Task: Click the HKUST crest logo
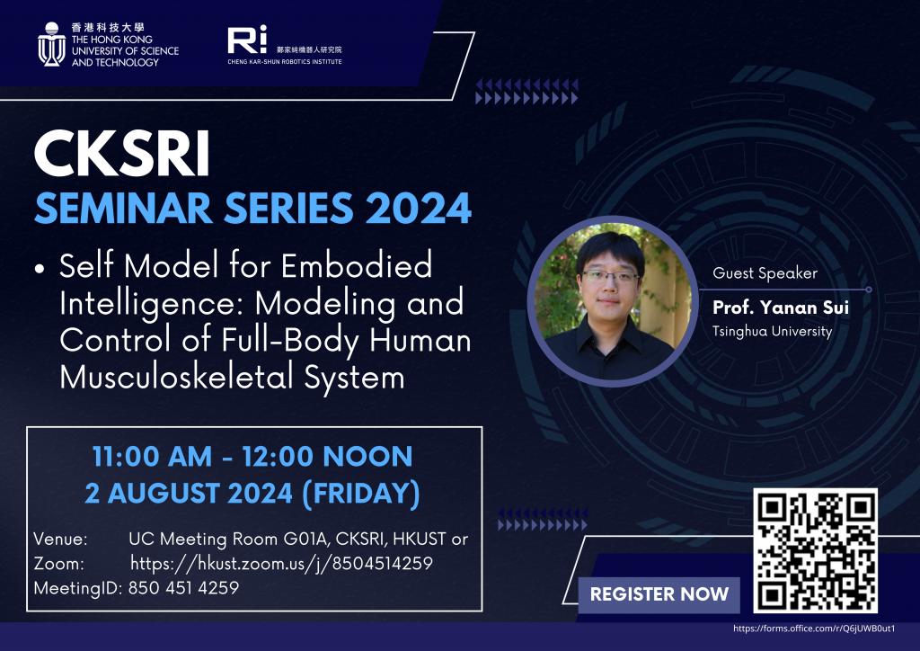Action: [x=51, y=44]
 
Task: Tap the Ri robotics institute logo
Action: [x=247, y=40]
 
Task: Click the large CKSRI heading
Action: [x=121, y=155]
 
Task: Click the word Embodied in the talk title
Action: [x=357, y=265]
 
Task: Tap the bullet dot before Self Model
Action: [x=40, y=269]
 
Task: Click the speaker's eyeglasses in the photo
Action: [x=610, y=276]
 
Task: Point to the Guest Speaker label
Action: [x=765, y=273]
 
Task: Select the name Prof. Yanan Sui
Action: [x=781, y=307]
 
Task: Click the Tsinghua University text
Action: [x=772, y=332]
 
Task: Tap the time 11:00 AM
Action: [x=152, y=457]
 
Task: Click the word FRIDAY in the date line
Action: [x=361, y=493]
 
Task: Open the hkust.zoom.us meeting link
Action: [x=281, y=564]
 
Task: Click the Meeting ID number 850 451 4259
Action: [x=183, y=587]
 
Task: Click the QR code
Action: [x=815, y=550]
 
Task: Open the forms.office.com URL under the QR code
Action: [x=814, y=629]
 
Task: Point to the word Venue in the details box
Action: [x=60, y=539]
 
